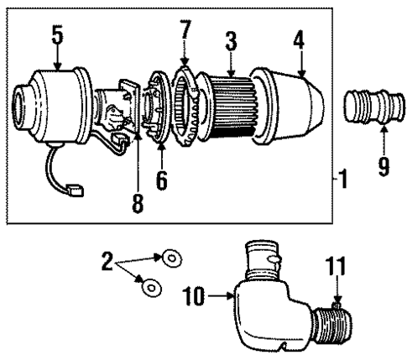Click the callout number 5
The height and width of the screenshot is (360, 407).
pos(56,34)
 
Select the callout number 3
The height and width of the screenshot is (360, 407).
pos(229,39)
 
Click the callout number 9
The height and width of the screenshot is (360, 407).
pos(383,167)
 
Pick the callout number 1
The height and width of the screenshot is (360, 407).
pos(343,180)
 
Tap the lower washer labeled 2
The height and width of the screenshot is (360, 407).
pos(150,288)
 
